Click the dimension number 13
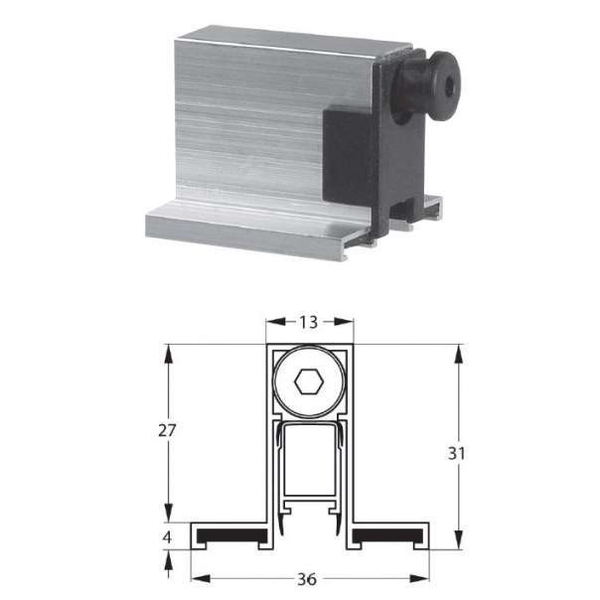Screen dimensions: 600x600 point(308,322)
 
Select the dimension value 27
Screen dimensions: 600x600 point(167,431)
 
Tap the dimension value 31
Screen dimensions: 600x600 point(457,453)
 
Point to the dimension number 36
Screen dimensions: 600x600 point(307,579)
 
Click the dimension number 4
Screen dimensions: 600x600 point(167,537)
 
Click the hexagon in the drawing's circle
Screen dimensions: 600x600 point(309,381)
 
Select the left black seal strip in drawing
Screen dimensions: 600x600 point(231,536)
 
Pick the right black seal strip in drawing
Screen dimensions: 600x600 point(387,536)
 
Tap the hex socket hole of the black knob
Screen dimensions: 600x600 point(450,87)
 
